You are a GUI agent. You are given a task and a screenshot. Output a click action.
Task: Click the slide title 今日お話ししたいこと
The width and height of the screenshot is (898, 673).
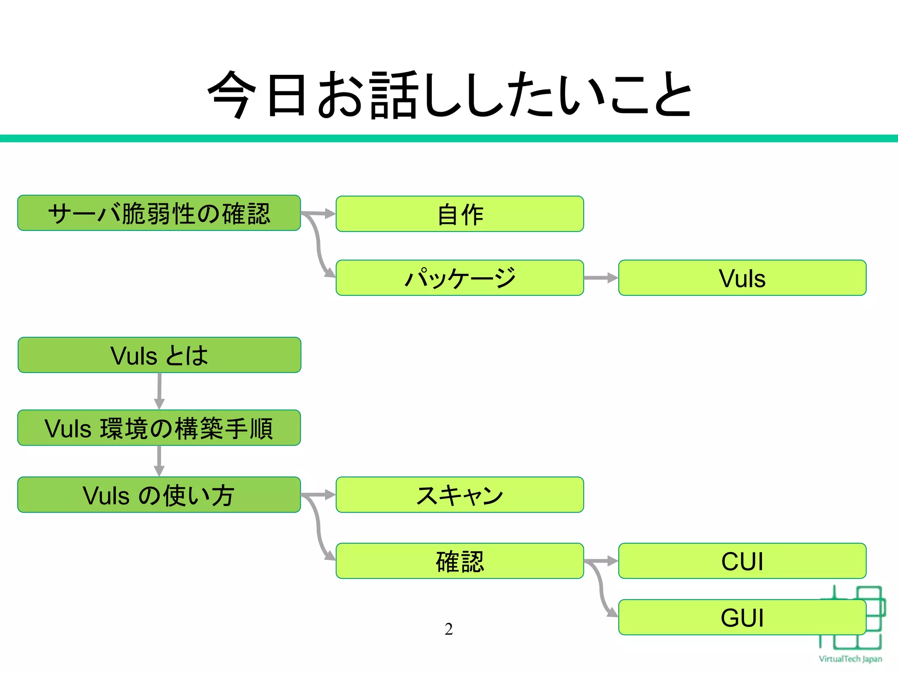click(x=449, y=94)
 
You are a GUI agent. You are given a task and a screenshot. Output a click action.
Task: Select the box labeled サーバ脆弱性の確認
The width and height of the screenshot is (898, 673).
click(x=159, y=213)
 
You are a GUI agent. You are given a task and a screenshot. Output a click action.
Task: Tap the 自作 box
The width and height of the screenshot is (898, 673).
click(x=460, y=214)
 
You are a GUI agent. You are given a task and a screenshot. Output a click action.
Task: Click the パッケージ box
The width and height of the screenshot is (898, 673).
click(x=460, y=278)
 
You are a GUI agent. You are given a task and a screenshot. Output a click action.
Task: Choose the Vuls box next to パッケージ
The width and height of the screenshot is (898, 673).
click(x=742, y=278)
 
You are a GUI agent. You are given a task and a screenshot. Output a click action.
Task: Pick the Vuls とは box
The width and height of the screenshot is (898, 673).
click(x=159, y=355)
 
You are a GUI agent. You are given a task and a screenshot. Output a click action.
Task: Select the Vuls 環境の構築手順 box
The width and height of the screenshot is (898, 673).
click(x=159, y=428)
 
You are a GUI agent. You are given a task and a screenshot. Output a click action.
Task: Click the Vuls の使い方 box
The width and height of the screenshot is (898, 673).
click(x=159, y=495)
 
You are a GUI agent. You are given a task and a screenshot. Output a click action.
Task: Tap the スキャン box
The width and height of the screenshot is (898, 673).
click(x=460, y=495)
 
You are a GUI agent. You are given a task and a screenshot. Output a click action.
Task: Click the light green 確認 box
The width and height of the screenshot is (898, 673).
click(x=460, y=561)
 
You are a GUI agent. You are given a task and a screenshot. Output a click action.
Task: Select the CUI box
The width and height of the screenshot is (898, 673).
click(x=742, y=561)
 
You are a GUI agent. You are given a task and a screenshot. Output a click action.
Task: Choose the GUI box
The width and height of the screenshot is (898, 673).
click(x=742, y=617)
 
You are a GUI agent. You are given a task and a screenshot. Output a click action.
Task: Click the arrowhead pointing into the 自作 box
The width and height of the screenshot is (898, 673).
click(x=330, y=214)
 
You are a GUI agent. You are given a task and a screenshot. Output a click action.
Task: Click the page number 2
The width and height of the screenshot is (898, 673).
click(x=448, y=629)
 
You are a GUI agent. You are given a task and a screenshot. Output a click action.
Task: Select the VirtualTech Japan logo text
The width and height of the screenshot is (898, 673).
click(x=850, y=659)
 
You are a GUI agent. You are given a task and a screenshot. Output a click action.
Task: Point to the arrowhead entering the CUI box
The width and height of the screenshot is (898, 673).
click(x=612, y=561)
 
